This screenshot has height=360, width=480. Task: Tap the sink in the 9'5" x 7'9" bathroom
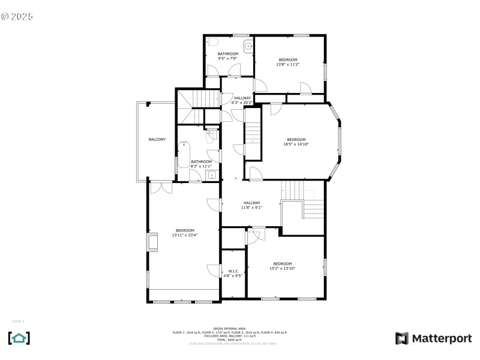(x=247, y=46)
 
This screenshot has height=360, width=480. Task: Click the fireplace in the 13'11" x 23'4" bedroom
(x=152, y=241)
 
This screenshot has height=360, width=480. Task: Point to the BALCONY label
(x=157, y=140)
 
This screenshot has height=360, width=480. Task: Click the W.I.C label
(x=233, y=271)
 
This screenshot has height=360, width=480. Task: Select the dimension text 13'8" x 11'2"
(x=287, y=64)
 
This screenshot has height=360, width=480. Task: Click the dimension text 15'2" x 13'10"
(x=283, y=268)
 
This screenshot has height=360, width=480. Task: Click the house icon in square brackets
(x=19, y=338)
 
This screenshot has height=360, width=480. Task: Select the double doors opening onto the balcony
(x=158, y=188)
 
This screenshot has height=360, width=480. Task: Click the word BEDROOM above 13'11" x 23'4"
(x=185, y=230)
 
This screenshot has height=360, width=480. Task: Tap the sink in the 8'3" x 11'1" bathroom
(x=211, y=175)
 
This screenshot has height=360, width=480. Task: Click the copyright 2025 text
(x=17, y=16)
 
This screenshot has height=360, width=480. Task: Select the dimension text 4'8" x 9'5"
(x=233, y=276)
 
